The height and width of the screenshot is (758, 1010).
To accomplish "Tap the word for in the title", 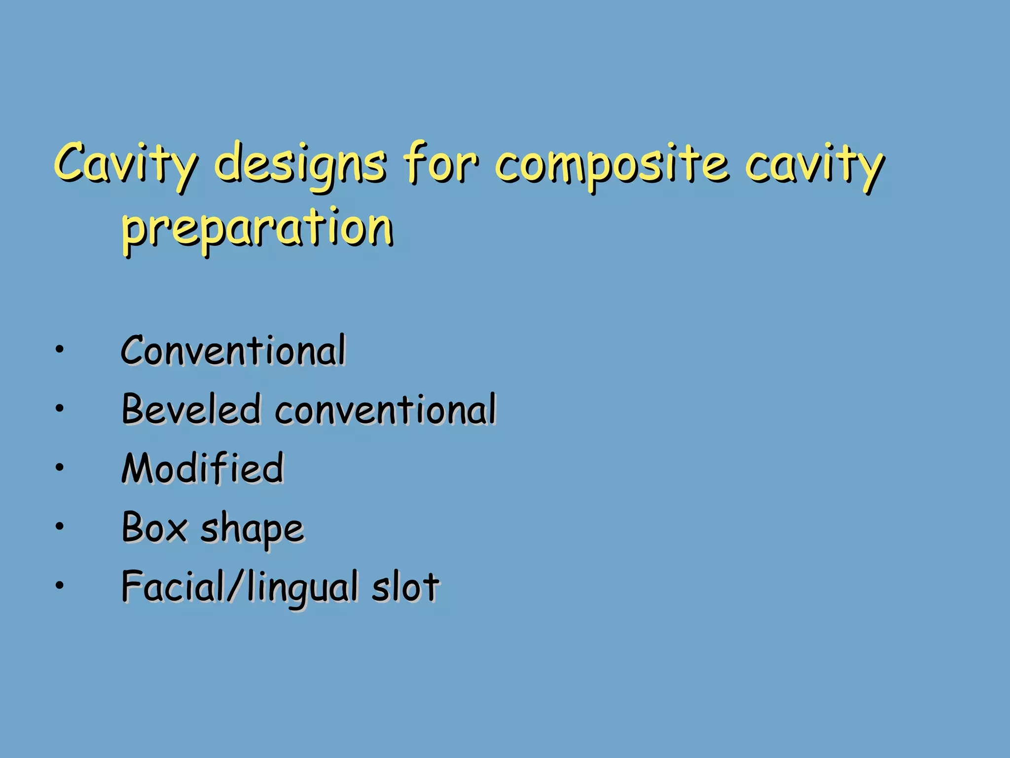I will click(440, 163).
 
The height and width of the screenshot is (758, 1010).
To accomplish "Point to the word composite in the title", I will click(612, 165).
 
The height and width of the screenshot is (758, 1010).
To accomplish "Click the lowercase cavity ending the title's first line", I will click(814, 165).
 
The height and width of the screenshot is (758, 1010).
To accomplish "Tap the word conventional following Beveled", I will click(385, 409).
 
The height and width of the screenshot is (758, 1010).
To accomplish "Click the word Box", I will click(154, 527).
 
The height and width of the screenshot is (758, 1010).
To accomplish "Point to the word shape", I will click(252, 529).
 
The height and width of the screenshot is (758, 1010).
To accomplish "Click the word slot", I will click(405, 586).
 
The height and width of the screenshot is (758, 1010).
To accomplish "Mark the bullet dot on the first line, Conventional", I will click(60, 349).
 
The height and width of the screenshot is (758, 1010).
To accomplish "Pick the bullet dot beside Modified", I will click(60, 467).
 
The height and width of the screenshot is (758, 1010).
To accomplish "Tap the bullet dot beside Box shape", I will click(60, 527).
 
